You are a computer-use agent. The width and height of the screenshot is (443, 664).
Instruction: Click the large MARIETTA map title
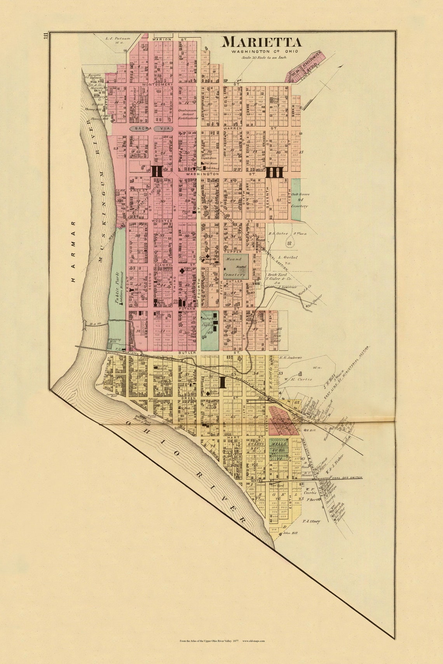pyautogui.click(x=262, y=42)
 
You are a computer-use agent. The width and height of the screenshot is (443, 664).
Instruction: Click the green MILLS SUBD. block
pyautogui.click(x=279, y=447)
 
